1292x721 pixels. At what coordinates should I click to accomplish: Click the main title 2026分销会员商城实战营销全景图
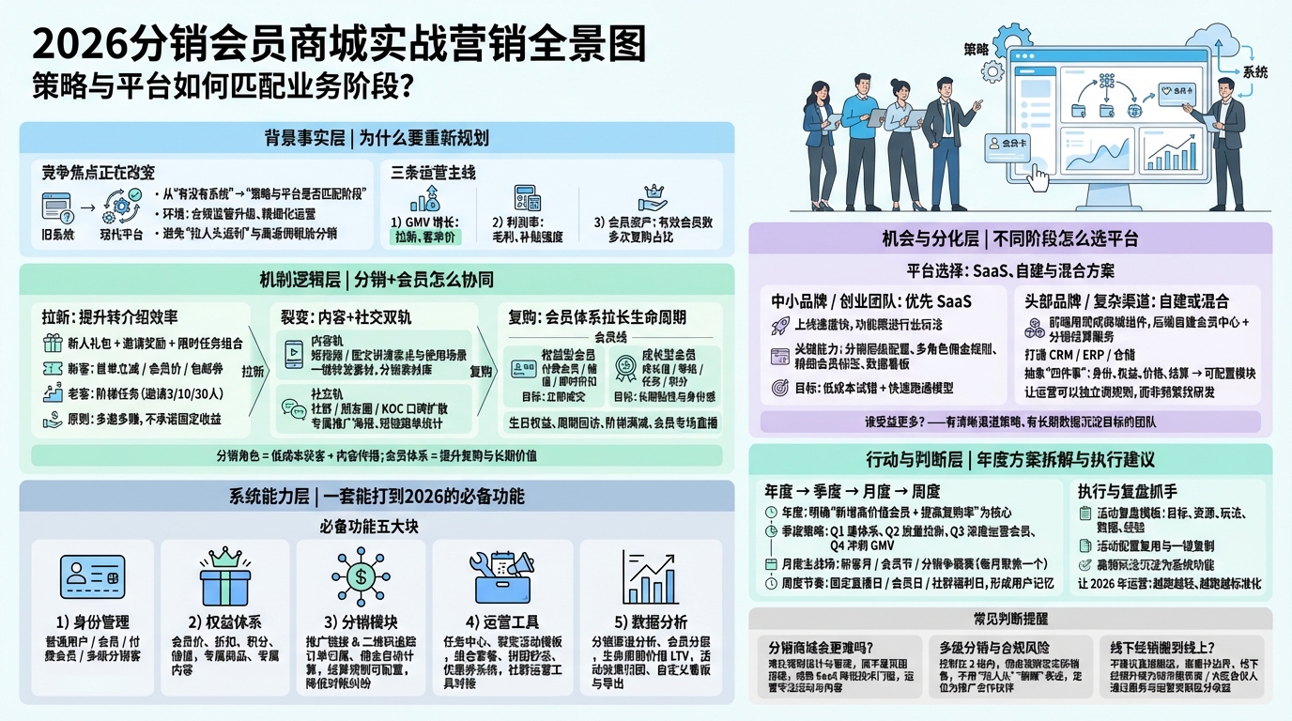point(339,43)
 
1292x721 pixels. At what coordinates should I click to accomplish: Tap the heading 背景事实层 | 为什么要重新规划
point(377,138)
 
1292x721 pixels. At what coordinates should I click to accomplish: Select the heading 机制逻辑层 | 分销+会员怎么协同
point(377,279)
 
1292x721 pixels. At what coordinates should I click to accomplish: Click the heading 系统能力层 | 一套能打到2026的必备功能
point(377,496)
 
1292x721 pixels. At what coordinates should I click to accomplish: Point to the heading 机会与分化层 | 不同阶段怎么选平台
point(1010,238)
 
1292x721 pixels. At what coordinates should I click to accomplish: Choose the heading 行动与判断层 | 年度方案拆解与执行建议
point(1010,460)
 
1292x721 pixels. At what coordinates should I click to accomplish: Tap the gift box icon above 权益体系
point(225,576)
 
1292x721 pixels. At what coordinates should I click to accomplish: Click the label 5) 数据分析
point(650,622)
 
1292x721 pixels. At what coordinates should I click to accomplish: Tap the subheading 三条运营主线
point(433,173)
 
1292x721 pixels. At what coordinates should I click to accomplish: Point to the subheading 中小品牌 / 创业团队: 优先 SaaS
point(870,301)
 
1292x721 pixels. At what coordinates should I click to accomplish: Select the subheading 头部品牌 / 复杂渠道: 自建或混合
point(1126,301)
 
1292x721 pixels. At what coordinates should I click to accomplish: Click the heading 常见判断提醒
point(1010,620)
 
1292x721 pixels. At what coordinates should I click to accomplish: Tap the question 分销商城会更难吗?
point(821,647)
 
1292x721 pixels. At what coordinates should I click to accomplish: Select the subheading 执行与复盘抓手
point(1127,491)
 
